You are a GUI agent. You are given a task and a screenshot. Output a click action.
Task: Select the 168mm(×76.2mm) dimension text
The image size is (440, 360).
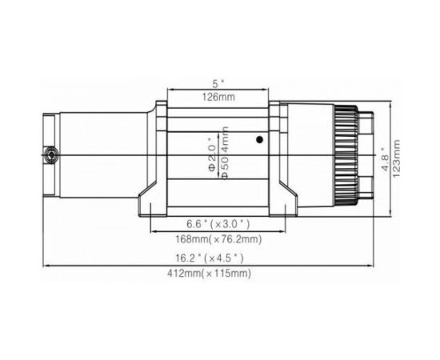pos(218,238)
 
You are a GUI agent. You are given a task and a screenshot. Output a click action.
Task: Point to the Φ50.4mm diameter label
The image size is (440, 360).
pos(225,152)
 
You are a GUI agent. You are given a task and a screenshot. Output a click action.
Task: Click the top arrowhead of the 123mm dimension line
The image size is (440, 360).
pos(390,104)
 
